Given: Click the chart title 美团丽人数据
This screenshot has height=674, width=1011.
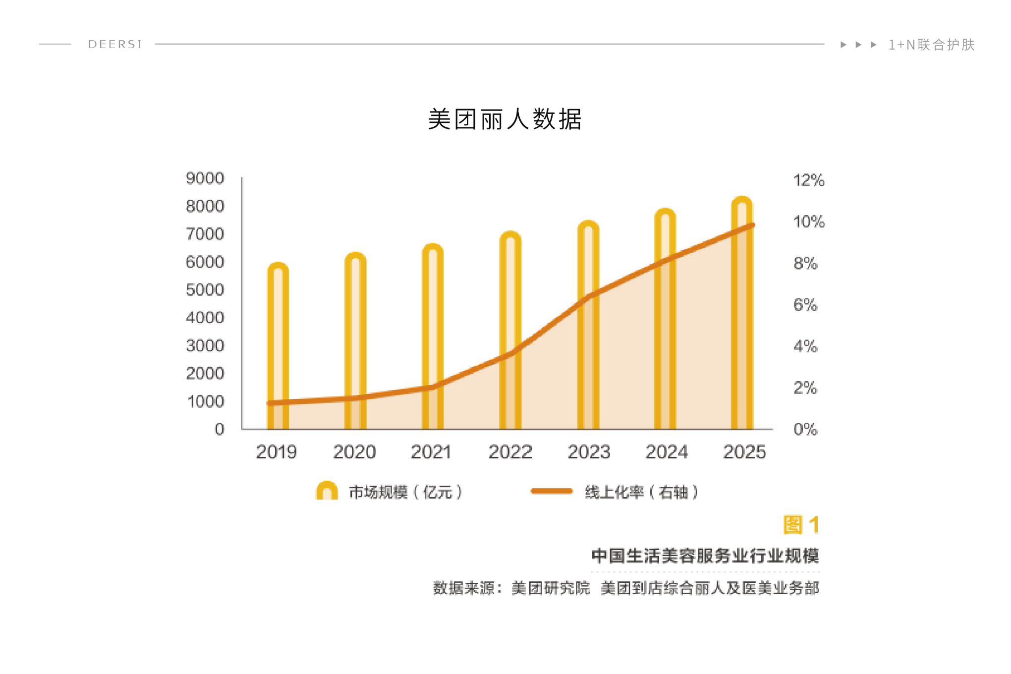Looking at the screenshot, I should point(505,119).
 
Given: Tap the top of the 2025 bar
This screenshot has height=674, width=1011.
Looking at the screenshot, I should point(742,201).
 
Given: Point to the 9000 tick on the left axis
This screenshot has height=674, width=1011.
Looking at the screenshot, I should point(205,178).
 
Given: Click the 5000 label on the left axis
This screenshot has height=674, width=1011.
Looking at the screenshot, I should point(205,290).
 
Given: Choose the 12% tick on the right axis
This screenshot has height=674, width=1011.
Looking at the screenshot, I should point(809,180).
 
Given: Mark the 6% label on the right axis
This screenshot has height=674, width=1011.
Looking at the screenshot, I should point(805,305).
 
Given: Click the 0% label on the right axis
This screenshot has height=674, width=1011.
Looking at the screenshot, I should point(805,429).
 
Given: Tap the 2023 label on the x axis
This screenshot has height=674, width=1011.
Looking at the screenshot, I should point(589,452).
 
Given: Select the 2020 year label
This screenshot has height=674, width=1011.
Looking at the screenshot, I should point(354,452).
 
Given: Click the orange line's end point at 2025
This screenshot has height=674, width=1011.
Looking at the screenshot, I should point(752,225).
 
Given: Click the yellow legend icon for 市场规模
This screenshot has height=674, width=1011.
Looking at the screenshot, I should point(327,491).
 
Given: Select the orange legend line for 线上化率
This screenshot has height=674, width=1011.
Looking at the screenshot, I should point(552,491).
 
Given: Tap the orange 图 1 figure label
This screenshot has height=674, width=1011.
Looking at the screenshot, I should point(801,525).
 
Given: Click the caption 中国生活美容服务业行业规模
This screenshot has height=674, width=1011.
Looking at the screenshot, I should point(705,556).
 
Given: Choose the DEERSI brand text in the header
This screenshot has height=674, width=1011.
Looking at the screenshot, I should point(115,44).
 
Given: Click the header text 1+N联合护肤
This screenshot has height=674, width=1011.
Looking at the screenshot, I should point(931,45).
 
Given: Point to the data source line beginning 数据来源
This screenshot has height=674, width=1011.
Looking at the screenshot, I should point(626,588).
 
